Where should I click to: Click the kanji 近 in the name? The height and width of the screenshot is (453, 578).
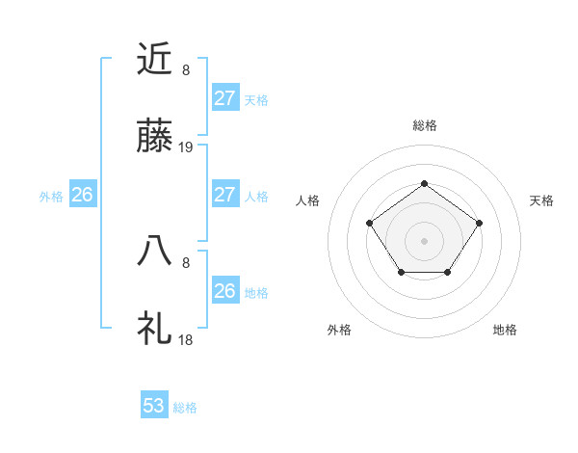[154, 60]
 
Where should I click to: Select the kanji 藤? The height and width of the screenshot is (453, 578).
[154, 139]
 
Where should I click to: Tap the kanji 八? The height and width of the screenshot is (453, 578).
[154, 251]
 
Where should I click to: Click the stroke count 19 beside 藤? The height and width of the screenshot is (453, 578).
[186, 147]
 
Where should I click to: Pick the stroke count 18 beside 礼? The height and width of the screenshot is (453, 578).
[186, 339]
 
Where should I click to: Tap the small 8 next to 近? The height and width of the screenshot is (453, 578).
[186, 69]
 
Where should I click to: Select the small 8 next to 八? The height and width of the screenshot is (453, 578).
[186, 260]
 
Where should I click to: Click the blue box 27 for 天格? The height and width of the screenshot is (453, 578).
[224, 98]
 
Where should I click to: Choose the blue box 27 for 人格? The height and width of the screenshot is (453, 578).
[224, 195]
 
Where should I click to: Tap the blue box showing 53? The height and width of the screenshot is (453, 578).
[154, 406]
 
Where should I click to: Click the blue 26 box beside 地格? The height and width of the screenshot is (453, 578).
[224, 291]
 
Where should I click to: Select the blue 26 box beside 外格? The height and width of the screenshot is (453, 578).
[82, 195]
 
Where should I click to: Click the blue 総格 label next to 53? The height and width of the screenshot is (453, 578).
[185, 408]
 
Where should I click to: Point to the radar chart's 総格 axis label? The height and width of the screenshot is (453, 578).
[424, 125]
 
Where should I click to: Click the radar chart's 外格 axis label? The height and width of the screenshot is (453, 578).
[339, 330]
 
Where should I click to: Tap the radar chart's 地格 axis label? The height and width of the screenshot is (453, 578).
[505, 330]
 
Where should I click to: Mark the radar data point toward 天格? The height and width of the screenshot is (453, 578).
[479, 224]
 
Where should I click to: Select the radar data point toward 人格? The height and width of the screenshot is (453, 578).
[370, 224]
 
